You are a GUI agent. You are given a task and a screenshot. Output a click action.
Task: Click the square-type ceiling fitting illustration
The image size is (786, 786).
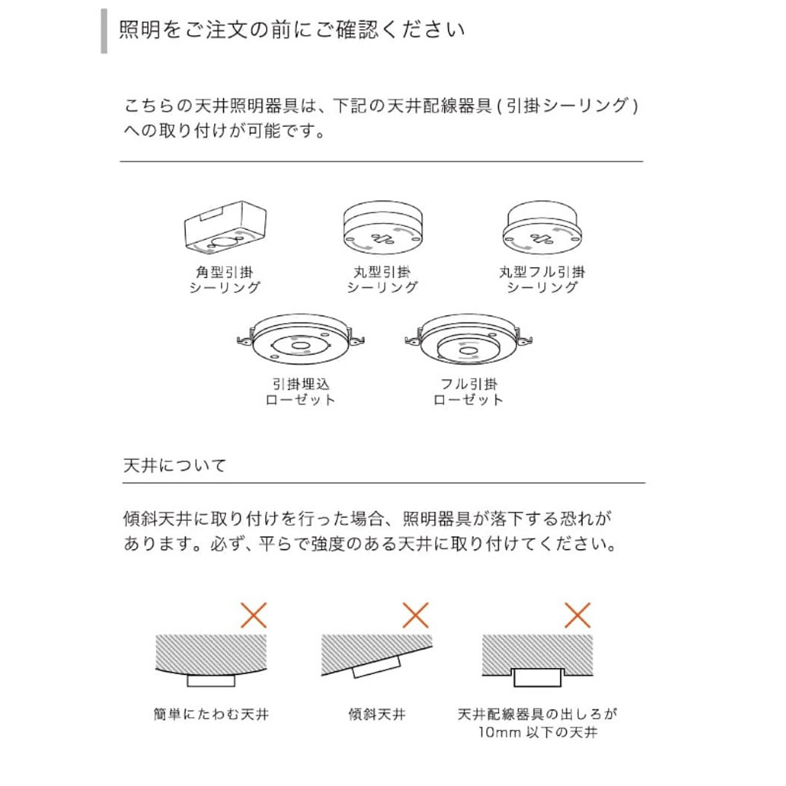[225, 227]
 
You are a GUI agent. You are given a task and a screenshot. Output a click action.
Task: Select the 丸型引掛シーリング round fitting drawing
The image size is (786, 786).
[383, 228]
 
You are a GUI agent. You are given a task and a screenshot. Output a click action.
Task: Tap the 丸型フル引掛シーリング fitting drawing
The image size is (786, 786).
[542, 228]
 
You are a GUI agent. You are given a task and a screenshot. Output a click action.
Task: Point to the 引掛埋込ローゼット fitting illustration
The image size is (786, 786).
[300, 339]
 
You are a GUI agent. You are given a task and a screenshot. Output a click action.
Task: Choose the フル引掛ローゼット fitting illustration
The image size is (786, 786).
[468, 339]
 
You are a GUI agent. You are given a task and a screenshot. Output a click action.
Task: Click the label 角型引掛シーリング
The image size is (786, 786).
[225, 279]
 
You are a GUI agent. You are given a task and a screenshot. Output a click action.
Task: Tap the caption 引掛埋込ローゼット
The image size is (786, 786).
[300, 391]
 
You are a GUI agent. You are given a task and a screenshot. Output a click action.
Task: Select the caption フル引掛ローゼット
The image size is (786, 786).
[468, 391]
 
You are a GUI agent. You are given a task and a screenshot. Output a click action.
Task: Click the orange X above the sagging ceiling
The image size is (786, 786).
[254, 615]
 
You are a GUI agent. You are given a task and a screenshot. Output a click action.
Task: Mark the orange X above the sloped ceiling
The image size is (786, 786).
[416, 615]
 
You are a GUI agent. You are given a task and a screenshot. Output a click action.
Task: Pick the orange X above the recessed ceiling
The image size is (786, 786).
[577, 615]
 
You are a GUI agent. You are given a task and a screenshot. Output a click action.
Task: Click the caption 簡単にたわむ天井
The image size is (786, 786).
[211, 714]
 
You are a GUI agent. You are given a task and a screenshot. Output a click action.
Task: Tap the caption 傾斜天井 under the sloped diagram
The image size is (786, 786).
[377, 714]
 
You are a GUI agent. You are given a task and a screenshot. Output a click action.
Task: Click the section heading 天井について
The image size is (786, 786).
[174, 465]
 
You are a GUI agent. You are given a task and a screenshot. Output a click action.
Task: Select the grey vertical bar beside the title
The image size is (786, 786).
[104, 31]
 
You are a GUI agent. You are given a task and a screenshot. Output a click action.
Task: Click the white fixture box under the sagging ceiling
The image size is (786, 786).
[211, 681]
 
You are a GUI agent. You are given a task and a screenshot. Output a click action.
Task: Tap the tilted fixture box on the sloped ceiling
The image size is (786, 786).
[377, 666]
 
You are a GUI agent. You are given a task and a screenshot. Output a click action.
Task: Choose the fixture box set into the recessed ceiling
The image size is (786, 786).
[537, 678]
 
